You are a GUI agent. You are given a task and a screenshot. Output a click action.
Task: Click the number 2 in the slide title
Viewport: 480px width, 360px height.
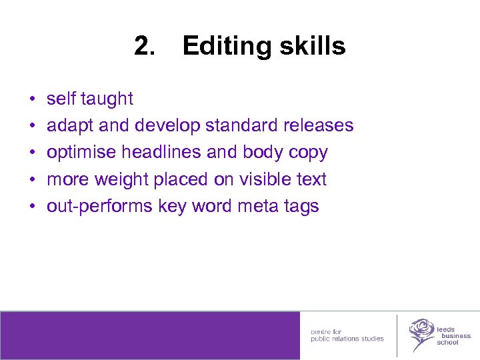[x=142, y=47]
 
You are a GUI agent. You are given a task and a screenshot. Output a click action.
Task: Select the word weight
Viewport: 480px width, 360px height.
[x=123, y=179]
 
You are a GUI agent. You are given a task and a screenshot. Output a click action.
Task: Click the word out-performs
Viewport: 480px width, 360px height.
[x=99, y=207]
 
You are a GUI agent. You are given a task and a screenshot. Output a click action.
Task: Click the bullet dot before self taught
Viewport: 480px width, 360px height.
[x=32, y=100]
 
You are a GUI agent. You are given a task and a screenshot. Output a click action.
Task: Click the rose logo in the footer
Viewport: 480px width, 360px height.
[x=421, y=334]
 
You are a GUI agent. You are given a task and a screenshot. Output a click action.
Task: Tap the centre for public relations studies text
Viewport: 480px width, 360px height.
[x=347, y=335]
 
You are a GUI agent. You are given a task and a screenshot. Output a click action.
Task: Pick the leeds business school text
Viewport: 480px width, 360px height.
[x=453, y=336]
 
